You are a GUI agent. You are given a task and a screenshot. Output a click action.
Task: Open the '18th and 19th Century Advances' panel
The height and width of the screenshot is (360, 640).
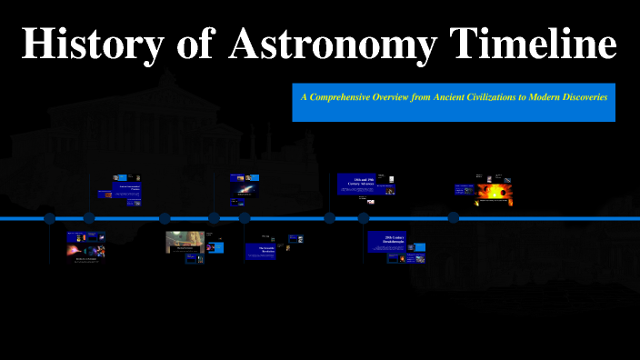(x=364, y=182)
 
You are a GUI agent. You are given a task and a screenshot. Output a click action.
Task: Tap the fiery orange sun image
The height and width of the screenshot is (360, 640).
(x=496, y=193)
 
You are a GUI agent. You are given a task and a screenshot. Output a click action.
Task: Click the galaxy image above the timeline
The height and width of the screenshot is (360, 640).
(x=245, y=190)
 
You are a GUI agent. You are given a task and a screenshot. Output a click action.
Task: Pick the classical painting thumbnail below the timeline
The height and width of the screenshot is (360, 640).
(x=185, y=241)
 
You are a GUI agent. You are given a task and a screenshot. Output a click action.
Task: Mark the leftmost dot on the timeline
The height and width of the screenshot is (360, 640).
(x=50, y=218)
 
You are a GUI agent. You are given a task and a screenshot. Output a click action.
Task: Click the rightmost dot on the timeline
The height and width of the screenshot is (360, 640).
(x=453, y=218)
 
